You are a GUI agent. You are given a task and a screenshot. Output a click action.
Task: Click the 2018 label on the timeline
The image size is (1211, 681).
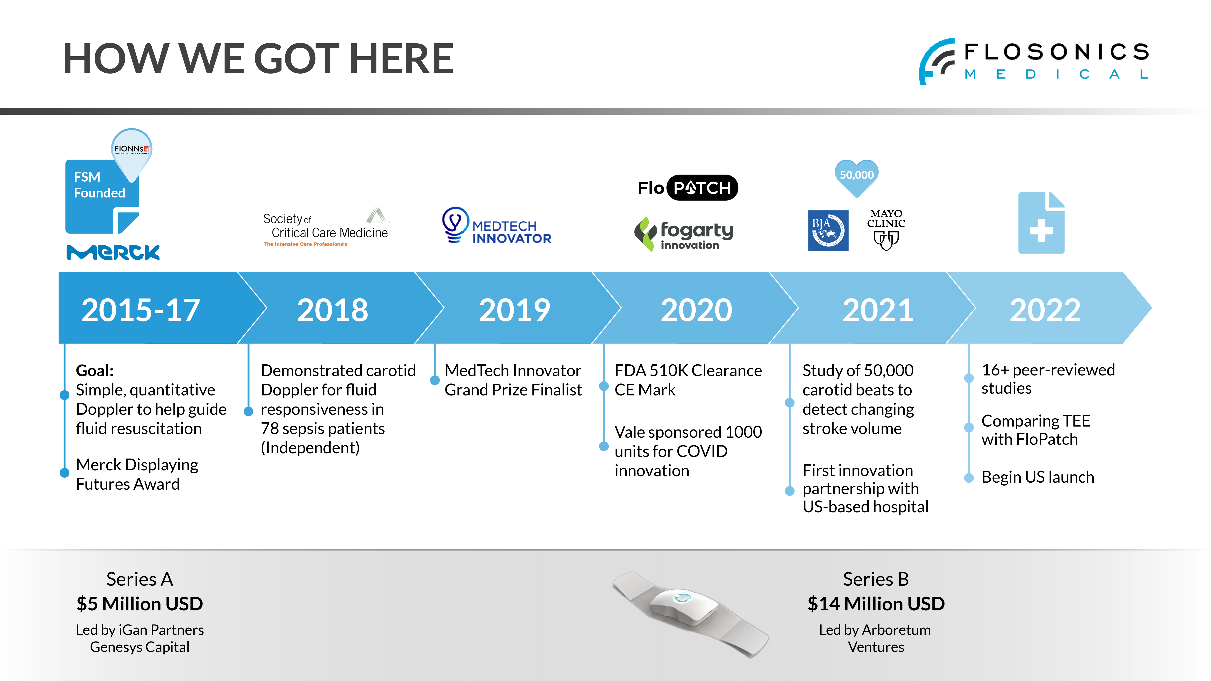click(x=332, y=310)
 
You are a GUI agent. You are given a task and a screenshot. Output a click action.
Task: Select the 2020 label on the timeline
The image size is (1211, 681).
click(x=696, y=310)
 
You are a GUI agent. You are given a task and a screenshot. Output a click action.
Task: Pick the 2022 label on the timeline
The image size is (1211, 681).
click(x=1045, y=310)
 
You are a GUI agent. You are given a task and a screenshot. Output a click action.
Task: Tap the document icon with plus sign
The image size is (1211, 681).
click(x=1041, y=223)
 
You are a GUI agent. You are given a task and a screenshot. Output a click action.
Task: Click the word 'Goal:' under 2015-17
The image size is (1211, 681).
click(x=94, y=371)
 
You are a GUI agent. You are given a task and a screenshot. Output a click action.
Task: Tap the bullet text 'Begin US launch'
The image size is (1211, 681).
click(x=1038, y=477)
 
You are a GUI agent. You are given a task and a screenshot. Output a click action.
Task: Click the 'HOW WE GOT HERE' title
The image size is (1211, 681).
click(x=258, y=59)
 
